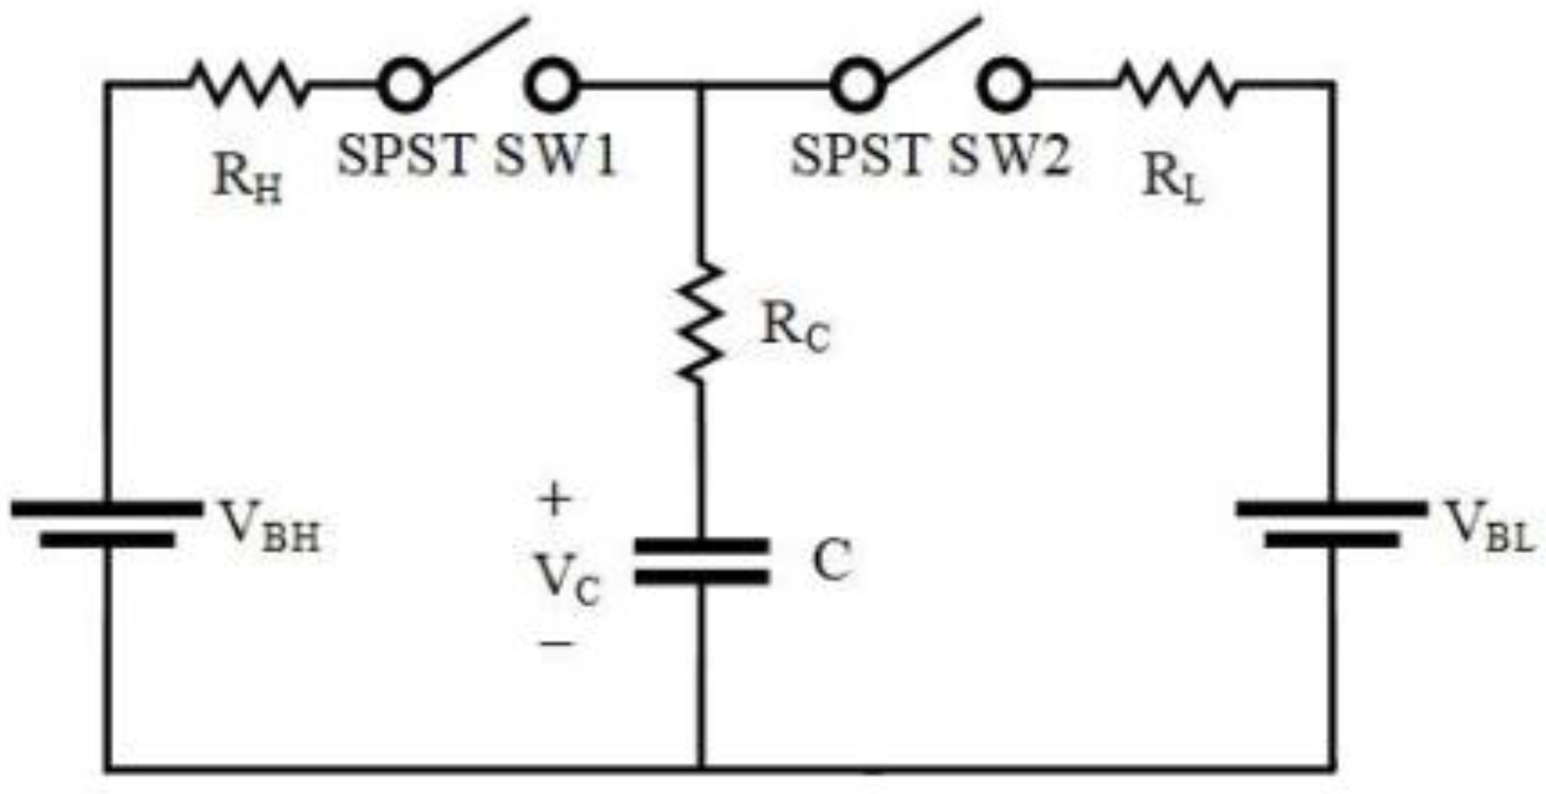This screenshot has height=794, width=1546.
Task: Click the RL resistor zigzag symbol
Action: coord(1176,85)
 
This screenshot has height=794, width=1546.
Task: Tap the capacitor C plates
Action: coord(701,561)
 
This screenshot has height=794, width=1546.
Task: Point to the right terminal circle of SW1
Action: coord(551,85)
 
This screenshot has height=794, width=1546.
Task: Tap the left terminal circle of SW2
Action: coord(857,85)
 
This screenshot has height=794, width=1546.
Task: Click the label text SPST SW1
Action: coord(477,155)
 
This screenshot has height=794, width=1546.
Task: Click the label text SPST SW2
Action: coord(930,155)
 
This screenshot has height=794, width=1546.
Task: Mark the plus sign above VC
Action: coord(554,499)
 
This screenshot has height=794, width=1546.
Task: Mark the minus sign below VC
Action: coord(558,644)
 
